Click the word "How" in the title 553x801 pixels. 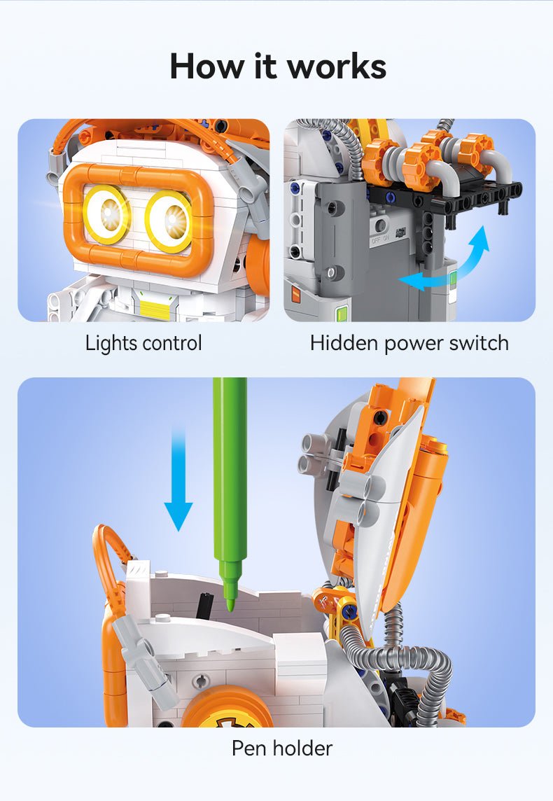(206, 67)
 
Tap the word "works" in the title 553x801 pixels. (337, 67)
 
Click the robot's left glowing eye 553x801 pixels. (107, 214)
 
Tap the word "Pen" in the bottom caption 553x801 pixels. (249, 748)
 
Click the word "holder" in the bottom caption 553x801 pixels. (302, 748)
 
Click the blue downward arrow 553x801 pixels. (178, 480)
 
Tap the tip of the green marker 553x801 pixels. (230, 610)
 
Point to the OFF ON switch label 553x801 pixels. (381, 239)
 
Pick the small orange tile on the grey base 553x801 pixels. (296, 294)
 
